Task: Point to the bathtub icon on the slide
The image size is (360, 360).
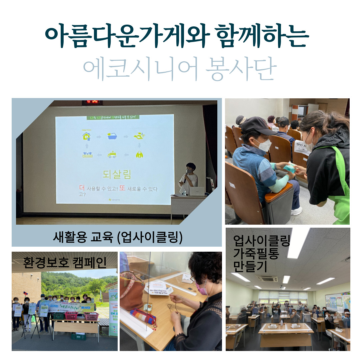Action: pyautogui.click(x=112, y=136)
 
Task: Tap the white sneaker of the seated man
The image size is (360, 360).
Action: pyautogui.click(x=296, y=211)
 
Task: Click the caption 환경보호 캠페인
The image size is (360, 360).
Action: pyautogui.click(x=65, y=262)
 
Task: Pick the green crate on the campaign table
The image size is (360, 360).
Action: pyautogui.click(x=59, y=316)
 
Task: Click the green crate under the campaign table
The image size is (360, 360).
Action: pyautogui.click(x=78, y=337)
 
